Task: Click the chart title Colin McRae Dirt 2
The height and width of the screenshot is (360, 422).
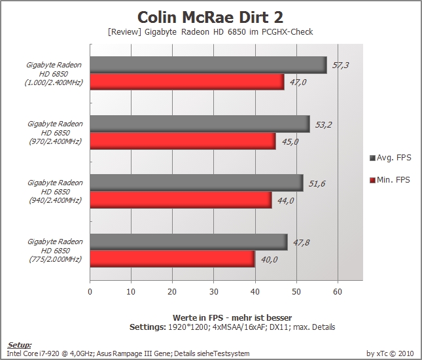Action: point(210,17)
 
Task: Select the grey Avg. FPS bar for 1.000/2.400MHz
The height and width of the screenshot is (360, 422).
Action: point(208,65)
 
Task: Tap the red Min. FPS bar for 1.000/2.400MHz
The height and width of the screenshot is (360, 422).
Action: point(187,82)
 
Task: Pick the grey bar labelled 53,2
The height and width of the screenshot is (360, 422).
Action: point(200,124)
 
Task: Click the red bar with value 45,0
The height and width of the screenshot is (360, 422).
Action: point(183,141)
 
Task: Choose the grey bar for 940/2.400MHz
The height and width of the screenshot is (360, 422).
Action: point(197,183)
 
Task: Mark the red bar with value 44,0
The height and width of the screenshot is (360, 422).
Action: point(181,200)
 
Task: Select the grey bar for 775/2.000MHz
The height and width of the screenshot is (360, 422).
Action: point(188,242)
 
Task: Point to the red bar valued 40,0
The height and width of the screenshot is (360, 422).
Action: point(172,259)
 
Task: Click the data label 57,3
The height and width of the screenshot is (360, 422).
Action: point(340,65)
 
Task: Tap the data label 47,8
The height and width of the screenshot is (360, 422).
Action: point(301,243)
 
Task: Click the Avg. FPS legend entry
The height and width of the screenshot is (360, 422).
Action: point(391,158)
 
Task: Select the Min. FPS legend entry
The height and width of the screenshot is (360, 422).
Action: point(390,179)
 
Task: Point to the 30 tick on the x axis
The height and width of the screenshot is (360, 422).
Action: point(214,292)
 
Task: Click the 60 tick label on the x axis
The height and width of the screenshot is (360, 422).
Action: point(338,292)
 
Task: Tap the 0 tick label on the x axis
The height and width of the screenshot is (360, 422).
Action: point(90,292)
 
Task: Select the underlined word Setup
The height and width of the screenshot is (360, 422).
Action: point(20,345)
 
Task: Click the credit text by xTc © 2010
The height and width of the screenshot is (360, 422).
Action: point(390,353)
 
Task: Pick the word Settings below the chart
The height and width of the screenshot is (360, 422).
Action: point(148,327)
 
